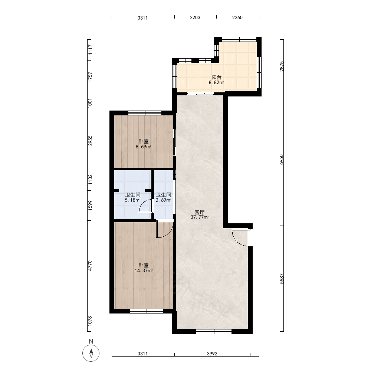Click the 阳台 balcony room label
(217, 77)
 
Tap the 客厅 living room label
(200, 212)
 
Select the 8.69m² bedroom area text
(143, 147)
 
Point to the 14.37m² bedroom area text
(144, 271)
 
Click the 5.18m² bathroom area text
(132, 200)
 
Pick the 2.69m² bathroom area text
(164, 200)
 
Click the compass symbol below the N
(91, 353)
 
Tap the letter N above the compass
(91, 341)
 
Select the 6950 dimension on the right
(281, 160)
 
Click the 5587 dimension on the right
(281, 279)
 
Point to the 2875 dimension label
(281, 66)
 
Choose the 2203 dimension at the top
(195, 17)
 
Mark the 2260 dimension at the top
(237, 17)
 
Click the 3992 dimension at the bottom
(212, 354)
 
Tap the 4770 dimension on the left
(90, 266)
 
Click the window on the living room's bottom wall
(214, 332)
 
